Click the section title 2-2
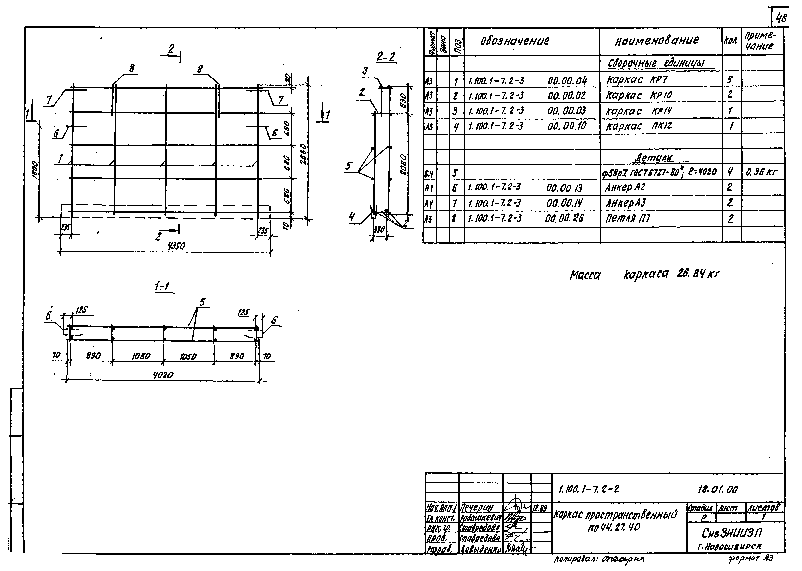tap(386, 57)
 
